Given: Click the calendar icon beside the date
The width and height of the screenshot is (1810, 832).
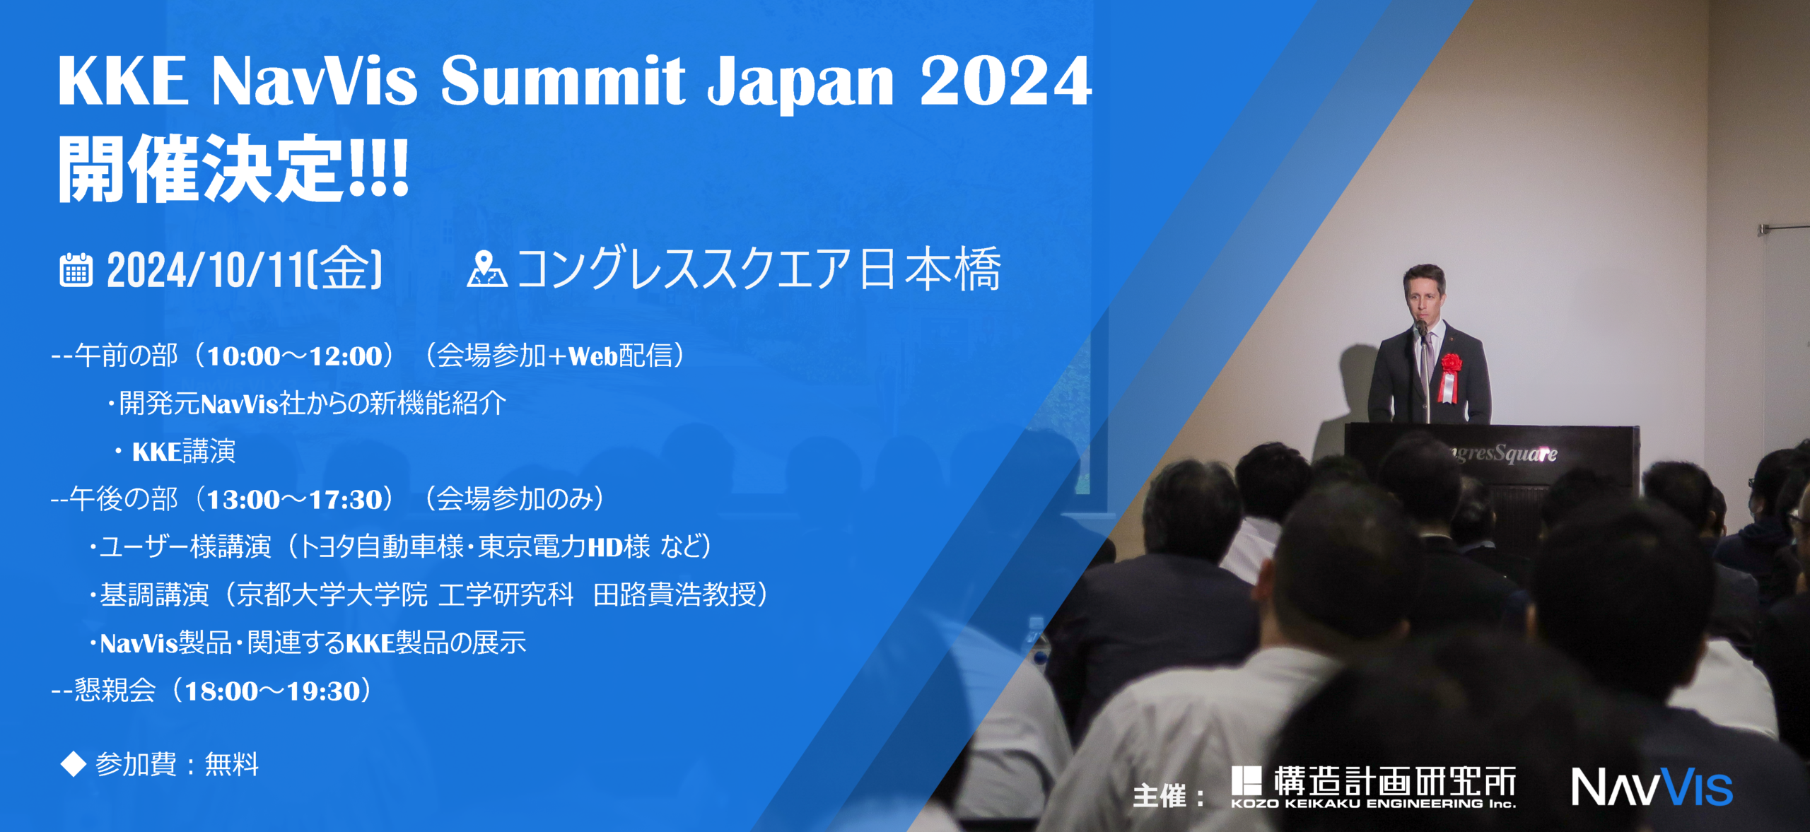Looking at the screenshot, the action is click(x=76, y=270).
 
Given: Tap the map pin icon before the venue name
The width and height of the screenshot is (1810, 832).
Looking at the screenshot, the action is click(x=486, y=269).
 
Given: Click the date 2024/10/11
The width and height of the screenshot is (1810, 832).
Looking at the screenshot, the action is click(x=204, y=270).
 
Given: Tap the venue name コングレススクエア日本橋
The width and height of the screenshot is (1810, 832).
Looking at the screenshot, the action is click(x=759, y=269).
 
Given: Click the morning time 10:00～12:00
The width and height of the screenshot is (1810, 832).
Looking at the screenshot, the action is click(x=293, y=356).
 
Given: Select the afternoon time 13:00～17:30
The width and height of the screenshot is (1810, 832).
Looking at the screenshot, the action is click(x=293, y=500).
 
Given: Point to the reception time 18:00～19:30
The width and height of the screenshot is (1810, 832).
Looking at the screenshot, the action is click(x=273, y=691).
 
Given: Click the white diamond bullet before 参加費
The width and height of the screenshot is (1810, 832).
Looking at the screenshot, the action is click(x=73, y=764).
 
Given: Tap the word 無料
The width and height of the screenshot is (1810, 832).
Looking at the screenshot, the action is click(x=232, y=764).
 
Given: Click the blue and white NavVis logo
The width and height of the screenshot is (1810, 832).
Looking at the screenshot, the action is click(x=1652, y=787).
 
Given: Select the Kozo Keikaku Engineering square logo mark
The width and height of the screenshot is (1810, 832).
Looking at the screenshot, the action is click(x=1246, y=781).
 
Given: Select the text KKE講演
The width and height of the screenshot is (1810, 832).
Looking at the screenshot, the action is click(x=184, y=451).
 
